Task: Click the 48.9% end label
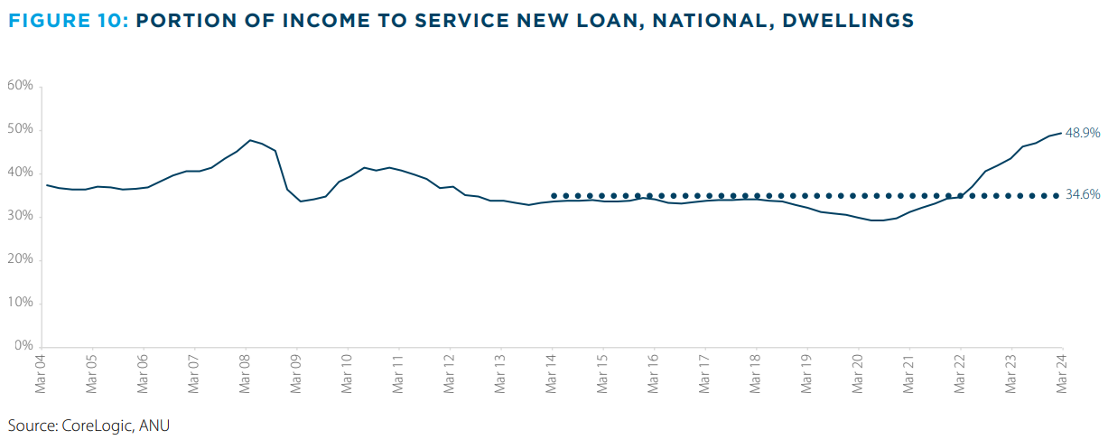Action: [1083, 133]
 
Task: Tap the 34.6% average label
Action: [1083, 195]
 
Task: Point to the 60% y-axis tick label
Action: [20, 86]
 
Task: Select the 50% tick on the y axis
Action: [20, 129]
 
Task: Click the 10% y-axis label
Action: [20, 303]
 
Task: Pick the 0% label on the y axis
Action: [23, 346]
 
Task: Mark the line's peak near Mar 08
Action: [249, 140]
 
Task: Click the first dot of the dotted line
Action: [554, 195]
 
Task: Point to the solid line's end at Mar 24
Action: [1061, 134]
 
